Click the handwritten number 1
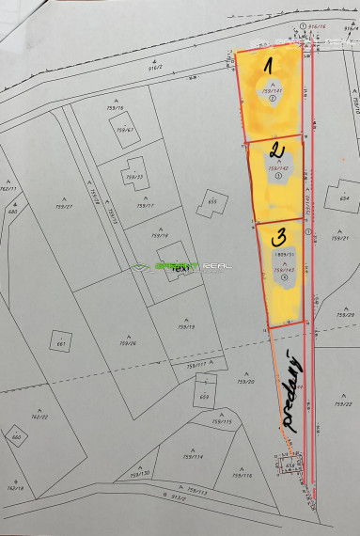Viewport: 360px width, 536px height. [268, 67]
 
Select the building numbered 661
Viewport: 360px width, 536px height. [60, 343]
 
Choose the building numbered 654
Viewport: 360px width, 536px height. [344, 198]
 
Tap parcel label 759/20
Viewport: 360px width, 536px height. [246, 383]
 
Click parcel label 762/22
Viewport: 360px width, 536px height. [39, 417]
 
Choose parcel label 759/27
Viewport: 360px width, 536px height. [64, 206]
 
